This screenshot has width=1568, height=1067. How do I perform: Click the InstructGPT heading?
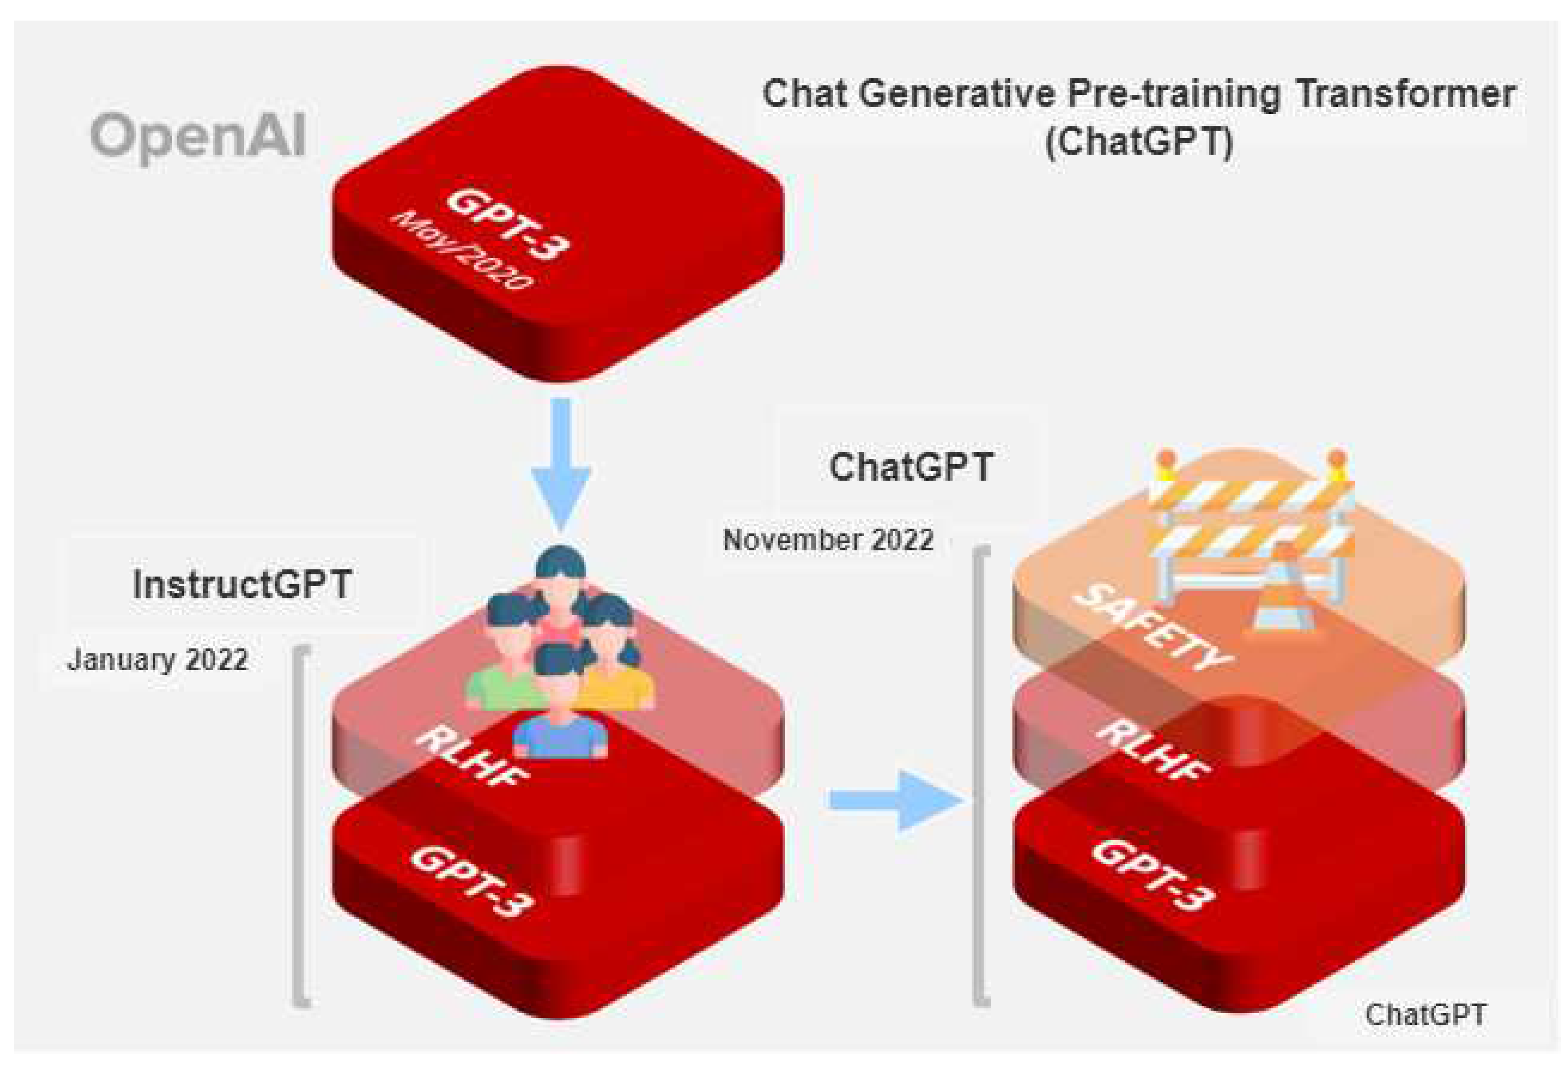(x=242, y=584)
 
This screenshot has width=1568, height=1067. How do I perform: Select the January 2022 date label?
(x=157, y=659)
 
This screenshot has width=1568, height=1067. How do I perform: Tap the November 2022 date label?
(x=828, y=540)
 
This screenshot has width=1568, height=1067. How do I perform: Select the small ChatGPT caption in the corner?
(x=1424, y=1015)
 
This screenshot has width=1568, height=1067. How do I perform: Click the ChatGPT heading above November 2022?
(x=911, y=467)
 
